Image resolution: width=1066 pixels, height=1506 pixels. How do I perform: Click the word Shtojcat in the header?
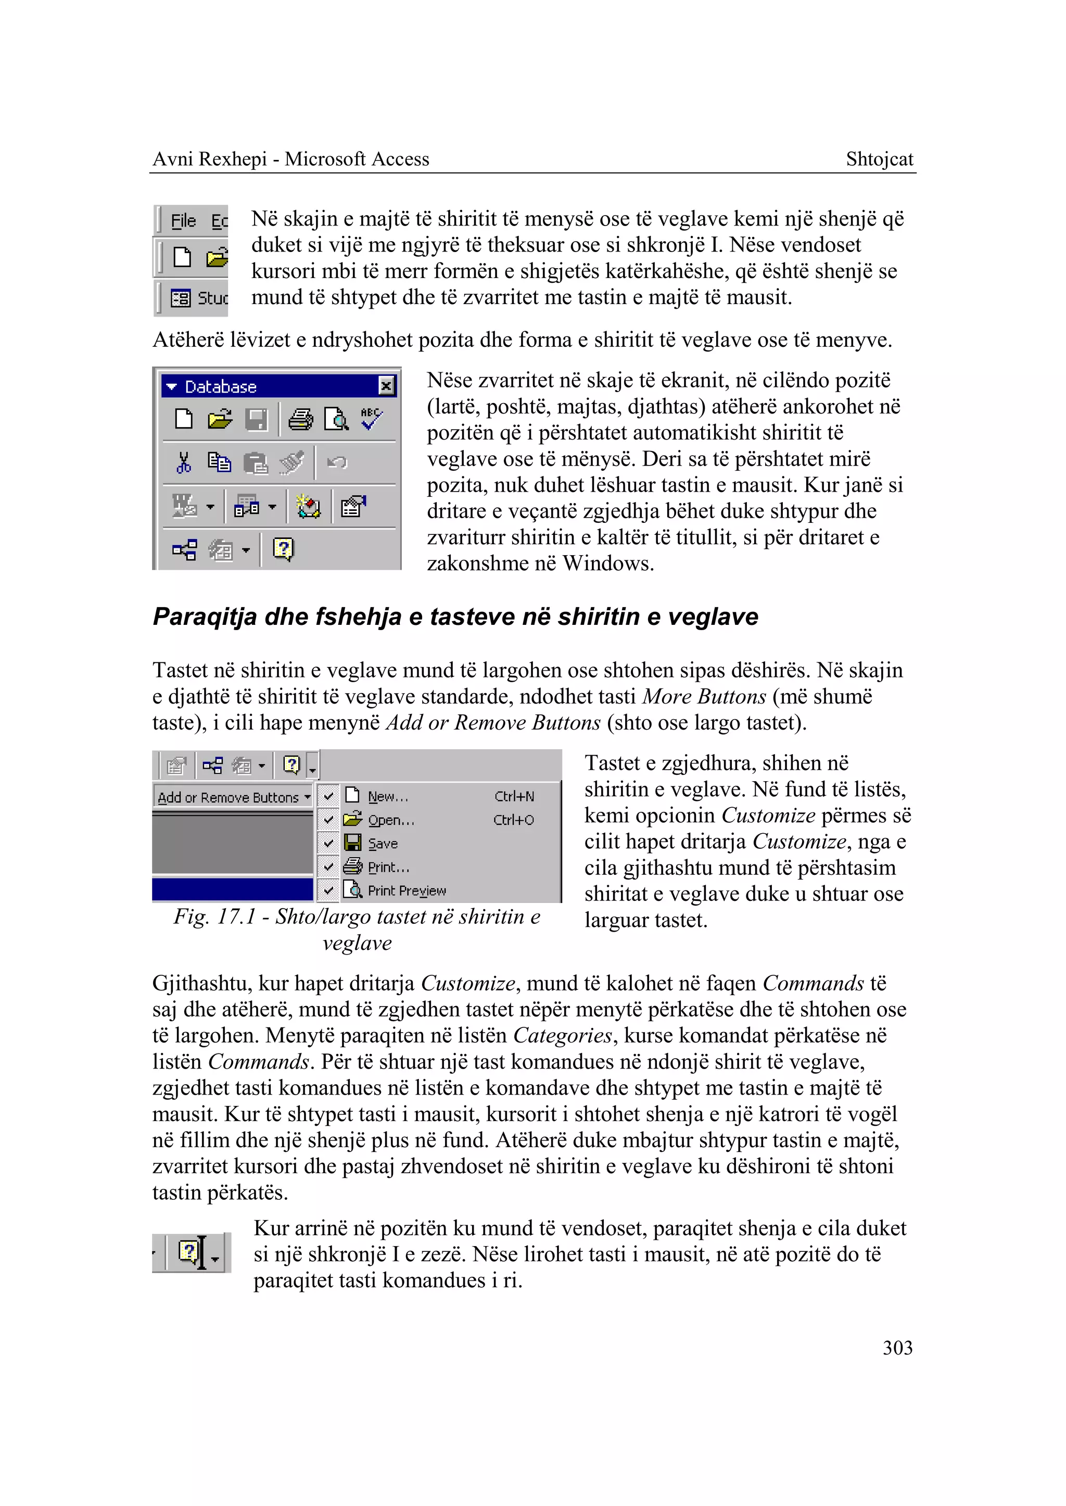pyautogui.click(x=879, y=159)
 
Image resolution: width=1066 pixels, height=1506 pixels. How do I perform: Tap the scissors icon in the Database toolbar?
pyautogui.click(x=184, y=462)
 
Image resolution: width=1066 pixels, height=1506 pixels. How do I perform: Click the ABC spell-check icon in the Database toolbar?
pyautogui.click(x=372, y=418)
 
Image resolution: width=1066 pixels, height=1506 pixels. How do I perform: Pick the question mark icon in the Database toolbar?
pyautogui.click(x=283, y=548)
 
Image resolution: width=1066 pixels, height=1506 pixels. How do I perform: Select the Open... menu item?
pyautogui.click(x=390, y=820)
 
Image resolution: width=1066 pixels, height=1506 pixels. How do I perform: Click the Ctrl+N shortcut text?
pyautogui.click(x=514, y=796)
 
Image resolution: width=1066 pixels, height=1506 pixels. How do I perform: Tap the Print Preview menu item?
pyautogui.click(x=407, y=890)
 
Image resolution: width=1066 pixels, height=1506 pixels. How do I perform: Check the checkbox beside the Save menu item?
pyautogui.click(x=328, y=843)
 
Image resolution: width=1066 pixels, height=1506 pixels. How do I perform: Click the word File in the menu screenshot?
pyautogui.click(x=183, y=221)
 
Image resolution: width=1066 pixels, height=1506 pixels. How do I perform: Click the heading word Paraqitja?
pyautogui.click(x=204, y=617)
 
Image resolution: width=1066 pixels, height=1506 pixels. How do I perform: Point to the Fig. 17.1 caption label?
pyautogui.click(x=214, y=916)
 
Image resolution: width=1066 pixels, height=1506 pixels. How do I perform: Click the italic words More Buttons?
pyautogui.click(x=704, y=696)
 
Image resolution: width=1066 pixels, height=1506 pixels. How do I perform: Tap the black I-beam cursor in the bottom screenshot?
pyautogui.click(x=201, y=1252)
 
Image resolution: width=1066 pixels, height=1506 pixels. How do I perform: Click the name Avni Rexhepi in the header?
pyautogui.click(x=209, y=159)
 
